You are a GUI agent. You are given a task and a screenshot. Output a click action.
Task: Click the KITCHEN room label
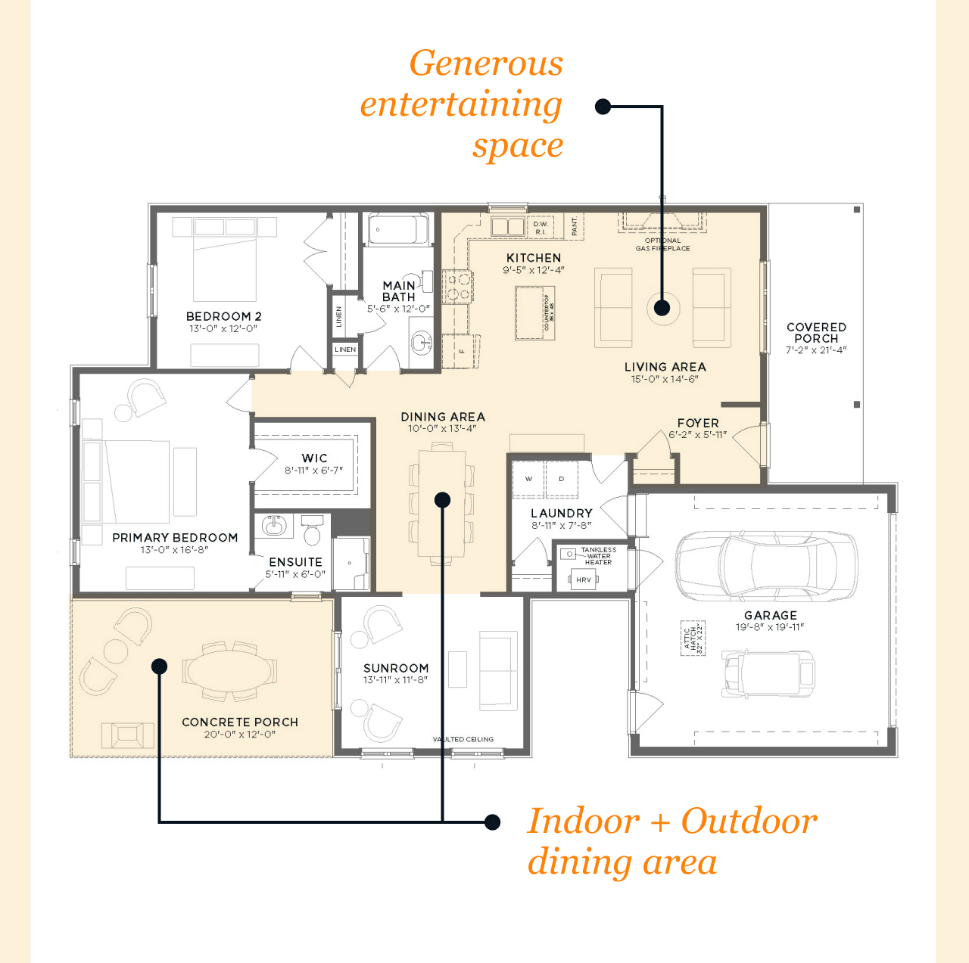pyautogui.click(x=534, y=258)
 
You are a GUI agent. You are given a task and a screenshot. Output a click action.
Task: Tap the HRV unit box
pyautogui.click(x=584, y=579)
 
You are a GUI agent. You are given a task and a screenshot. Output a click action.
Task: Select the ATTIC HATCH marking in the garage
pyautogui.click(x=693, y=638)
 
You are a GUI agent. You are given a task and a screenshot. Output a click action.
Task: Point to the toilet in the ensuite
pyautogui.click(x=312, y=530)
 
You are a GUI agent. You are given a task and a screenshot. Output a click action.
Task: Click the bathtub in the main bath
pyautogui.click(x=398, y=230)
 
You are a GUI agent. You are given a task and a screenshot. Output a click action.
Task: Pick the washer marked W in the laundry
pyautogui.click(x=528, y=479)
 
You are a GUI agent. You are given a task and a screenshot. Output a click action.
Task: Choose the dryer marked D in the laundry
pyautogui.click(x=562, y=479)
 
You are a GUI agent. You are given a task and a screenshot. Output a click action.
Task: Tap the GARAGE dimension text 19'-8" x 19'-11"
pyautogui.click(x=770, y=627)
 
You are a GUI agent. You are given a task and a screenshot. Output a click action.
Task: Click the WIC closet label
pyautogui.click(x=314, y=458)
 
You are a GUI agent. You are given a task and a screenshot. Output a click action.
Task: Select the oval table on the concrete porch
pyautogui.click(x=230, y=670)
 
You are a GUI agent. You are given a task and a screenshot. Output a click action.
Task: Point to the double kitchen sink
pyautogui.click(x=508, y=226)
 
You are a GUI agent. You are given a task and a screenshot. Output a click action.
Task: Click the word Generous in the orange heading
pyautogui.click(x=486, y=64)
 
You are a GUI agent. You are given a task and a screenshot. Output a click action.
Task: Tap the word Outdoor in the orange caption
pyautogui.click(x=749, y=821)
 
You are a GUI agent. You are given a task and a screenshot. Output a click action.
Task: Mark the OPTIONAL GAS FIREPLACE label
pyautogui.click(x=662, y=244)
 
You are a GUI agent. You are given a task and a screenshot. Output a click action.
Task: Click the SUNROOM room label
pyautogui.click(x=396, y=668)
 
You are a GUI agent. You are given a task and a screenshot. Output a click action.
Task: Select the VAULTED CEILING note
pyautogui.click(x=463, y=739)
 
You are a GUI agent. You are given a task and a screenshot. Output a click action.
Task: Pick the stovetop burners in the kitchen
pyautogui.click(x=457, y=287)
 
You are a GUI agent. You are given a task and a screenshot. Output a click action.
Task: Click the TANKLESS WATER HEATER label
pyautogui.click(x=598, y=556)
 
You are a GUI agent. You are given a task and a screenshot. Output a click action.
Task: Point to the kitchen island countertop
pyautogui.click(x=534, y=312)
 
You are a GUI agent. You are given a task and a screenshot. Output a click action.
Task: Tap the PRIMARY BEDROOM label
pyautogui.click(x=175, y=538)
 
